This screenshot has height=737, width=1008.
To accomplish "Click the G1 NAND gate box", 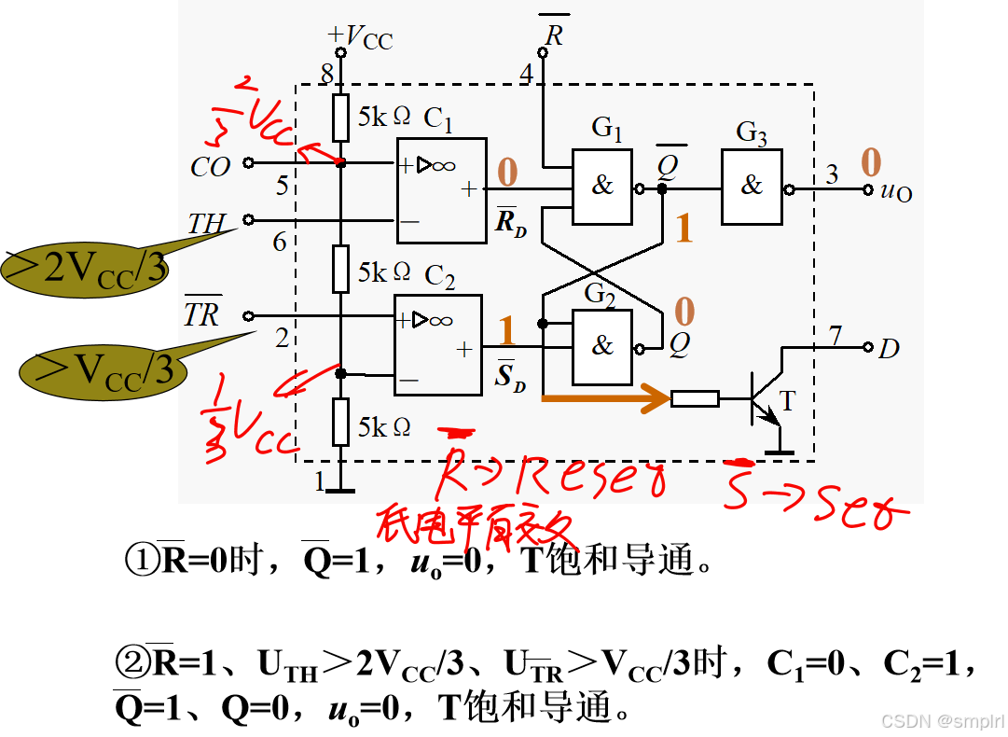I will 602,188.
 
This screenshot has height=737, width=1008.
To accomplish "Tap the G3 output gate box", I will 752,188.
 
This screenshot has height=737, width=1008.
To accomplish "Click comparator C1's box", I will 441,190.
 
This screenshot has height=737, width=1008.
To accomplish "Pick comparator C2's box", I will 438,345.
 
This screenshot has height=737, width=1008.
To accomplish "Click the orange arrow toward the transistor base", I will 606,399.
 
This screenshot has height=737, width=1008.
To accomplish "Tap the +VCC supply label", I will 360,37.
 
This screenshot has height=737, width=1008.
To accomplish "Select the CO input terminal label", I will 211,167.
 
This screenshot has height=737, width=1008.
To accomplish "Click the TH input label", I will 207,224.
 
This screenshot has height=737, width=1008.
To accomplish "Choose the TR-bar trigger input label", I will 201,314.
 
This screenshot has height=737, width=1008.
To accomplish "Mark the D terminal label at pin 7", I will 890,349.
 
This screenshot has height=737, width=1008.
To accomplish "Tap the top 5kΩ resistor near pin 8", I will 341,118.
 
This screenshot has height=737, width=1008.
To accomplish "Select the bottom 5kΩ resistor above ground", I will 341,422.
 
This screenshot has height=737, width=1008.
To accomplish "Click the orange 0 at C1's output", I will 507,173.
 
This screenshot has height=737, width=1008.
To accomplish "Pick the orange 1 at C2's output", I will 507,331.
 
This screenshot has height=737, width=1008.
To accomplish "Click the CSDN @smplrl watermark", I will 941,720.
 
